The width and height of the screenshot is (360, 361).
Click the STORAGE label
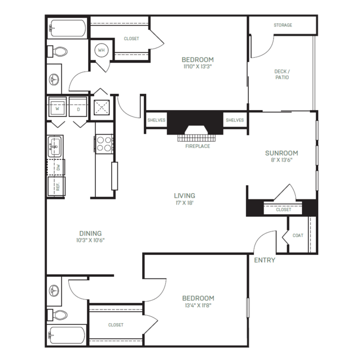283,25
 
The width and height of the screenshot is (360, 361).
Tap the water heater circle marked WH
101,50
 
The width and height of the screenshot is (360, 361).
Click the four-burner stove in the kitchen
104,144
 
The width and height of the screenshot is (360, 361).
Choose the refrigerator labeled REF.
56,186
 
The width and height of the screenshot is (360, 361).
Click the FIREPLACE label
197,146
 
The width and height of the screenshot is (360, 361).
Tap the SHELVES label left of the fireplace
156,120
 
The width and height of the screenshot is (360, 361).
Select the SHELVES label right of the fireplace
235,120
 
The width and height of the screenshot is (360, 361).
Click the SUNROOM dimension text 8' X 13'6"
282,160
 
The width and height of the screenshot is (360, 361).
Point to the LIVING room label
185,195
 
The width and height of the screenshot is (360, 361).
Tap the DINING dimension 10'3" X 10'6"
90,240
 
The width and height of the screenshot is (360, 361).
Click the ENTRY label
265,260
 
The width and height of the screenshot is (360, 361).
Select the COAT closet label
298,235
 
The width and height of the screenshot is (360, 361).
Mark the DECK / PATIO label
282,75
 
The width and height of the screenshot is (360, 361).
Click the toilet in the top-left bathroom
58,51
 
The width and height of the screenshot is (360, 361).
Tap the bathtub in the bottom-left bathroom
67,336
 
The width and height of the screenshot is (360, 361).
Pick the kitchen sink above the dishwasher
55,146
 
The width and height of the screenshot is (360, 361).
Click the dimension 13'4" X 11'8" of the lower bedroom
198,306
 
